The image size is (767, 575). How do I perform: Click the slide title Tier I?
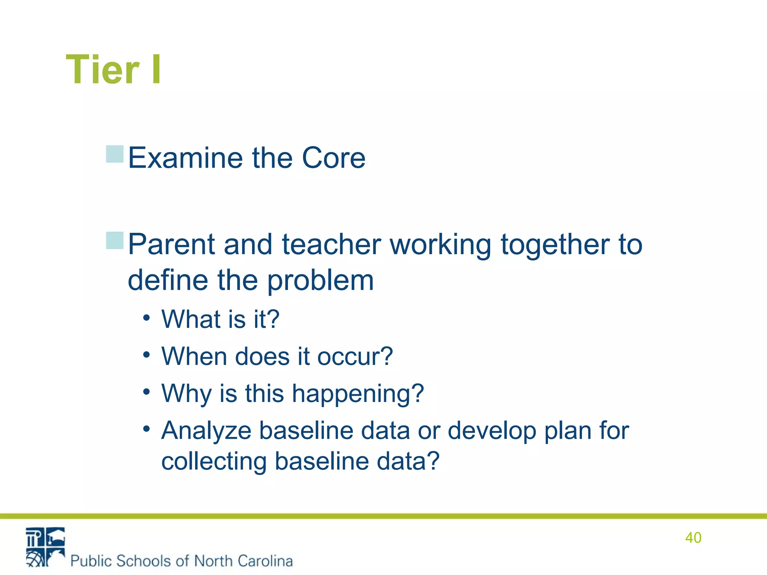(113, 70)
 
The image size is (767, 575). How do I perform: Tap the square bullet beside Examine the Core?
(115, 154)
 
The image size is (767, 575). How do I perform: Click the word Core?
(333, 158)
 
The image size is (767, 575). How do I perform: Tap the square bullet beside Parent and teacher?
(115, 241)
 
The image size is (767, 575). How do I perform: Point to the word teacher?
(331, 244)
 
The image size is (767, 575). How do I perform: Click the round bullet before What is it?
(146, 318)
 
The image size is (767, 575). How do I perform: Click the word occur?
(355, 356)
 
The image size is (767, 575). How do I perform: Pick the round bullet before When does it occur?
(146, 355)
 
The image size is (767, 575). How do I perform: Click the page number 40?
(693, 538)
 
